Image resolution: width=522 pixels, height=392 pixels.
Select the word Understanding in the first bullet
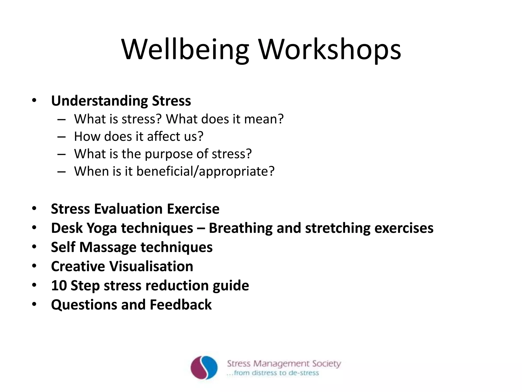point(99,101)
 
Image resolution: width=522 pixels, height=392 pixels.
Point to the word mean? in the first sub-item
point(264,119)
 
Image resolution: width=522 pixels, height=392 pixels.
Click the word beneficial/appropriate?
point(205,171)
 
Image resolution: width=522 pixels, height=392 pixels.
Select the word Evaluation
point(128,209)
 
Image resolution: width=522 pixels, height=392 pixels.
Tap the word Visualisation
point(151,266)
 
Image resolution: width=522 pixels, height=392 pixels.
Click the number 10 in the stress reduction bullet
point(59,285)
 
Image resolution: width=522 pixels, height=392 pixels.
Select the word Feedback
point(180,305)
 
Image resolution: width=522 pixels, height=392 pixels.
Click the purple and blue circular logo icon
point(204,368)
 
